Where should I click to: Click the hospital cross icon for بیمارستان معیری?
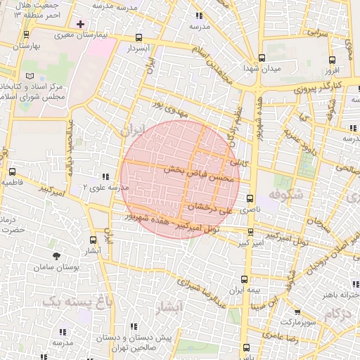[80, 24]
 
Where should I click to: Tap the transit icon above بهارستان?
[26, 34]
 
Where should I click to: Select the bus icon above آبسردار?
[139, 39]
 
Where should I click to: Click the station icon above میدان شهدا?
[262, 58]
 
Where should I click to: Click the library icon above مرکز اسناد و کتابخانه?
[29, 75]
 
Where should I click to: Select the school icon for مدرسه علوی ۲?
[105, 177]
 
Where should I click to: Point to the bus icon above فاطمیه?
[13, 172]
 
